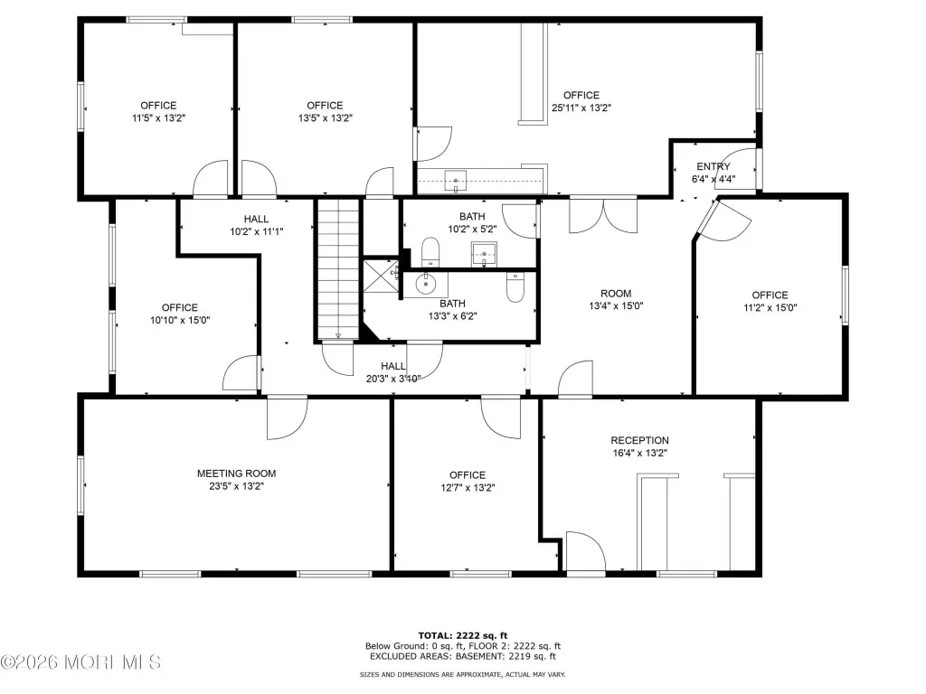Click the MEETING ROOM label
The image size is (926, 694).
(x=236, y=474)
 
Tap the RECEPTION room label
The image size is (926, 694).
(x=639, y=440)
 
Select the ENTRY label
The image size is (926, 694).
(x=713, y=166)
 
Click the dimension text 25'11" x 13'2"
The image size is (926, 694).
(x=581, y=108)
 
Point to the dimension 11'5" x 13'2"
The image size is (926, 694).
(x=158, y=118)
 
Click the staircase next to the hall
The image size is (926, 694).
(x=338, y=269)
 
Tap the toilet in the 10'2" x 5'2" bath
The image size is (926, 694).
(x=430, y=251)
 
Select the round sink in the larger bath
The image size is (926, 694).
(x=425, y=284)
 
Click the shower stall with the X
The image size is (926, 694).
(x=380, y=276)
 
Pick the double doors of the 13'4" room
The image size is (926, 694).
(x=603, y=216)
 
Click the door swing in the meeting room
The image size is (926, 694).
(x=287, y=418)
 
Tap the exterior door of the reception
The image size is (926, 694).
(x=586, y=552)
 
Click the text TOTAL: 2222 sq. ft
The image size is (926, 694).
(x=463, y=635)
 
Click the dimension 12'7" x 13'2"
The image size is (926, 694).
(x=468, y=488)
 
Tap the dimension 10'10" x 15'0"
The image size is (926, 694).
(x=180, y=321)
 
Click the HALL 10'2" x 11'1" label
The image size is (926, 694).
(x=256, y=225)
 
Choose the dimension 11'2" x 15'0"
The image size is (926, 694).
(x=770, y=307)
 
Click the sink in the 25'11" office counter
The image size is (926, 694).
(x=456, y=181)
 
